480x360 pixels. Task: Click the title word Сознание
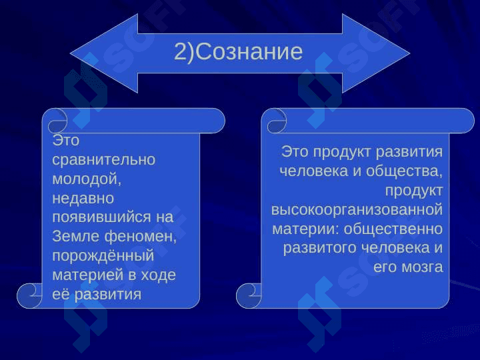[x=249, y=51]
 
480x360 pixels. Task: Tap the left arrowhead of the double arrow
[x=104, y=53]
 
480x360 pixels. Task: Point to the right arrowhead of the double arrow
[x=375, y=53]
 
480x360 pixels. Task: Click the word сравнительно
[x=104, y=160]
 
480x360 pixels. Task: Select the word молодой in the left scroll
[x=85, y=179]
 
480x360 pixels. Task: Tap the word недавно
[x=83, y=199]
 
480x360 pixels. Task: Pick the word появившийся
[x=101, y=217]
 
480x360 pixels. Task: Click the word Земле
[x=76, y=236]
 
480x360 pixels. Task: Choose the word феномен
[x=139, y=237]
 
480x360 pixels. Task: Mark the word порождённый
[x=103, y=256]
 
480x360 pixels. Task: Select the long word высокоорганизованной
[x=357, y=210]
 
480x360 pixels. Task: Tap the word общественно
[x=393, y=229]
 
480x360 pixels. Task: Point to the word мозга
[x=422, y=267]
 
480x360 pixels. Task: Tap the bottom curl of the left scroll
[x=30, y=296]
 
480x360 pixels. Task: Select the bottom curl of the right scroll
[x=249, y=296]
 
